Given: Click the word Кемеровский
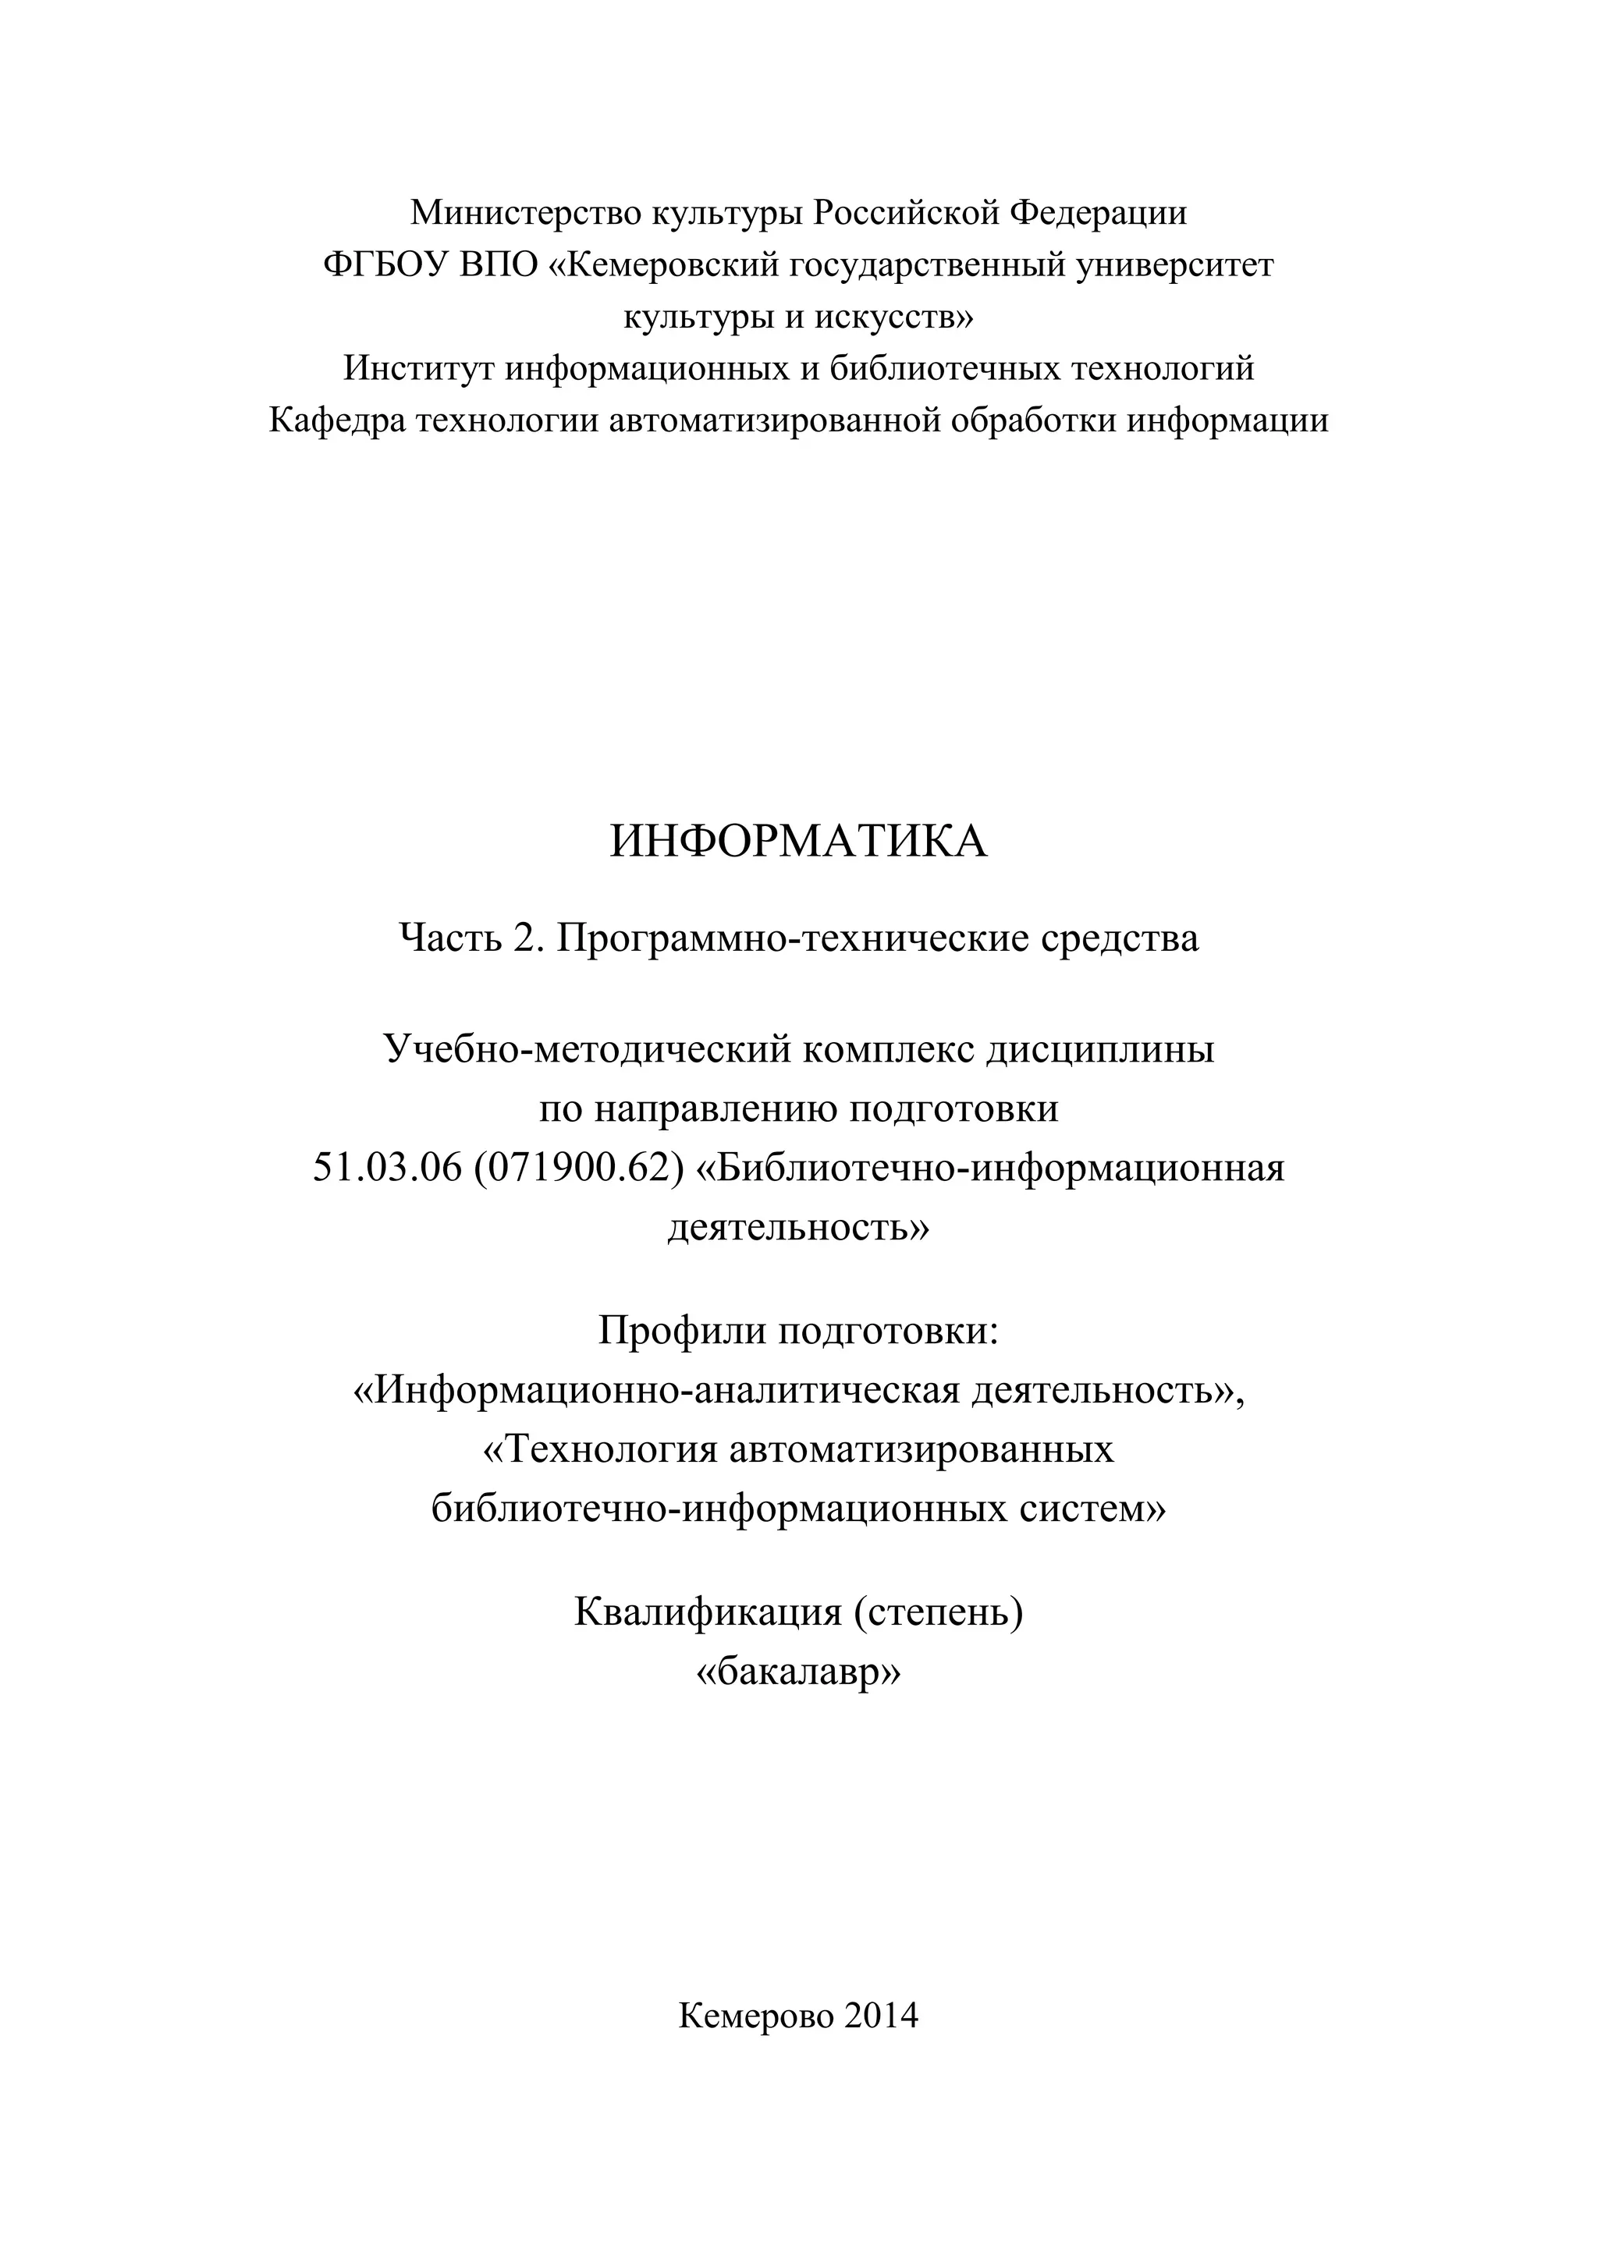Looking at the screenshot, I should click(663, 264).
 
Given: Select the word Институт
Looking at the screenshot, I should click(418, 369).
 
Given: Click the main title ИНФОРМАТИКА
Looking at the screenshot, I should click(798, 842).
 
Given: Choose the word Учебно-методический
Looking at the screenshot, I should click(587, 1050).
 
